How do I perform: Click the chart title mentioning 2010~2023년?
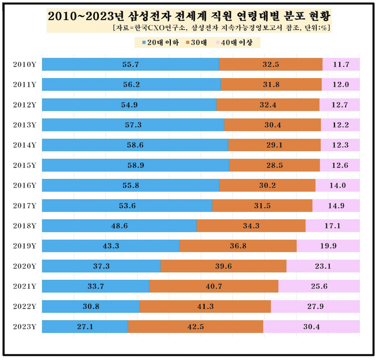tap(189, 16)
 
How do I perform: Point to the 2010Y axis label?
tap(24, 64)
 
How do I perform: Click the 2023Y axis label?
tap(24, 327)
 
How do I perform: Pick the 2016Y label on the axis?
tap(24, 185)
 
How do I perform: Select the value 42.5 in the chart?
tap(196, 327)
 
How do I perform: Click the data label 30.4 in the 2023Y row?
tap(311, 327)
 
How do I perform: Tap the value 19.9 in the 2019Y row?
tap(328, 246)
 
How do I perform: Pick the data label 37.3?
tap(101, 266)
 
